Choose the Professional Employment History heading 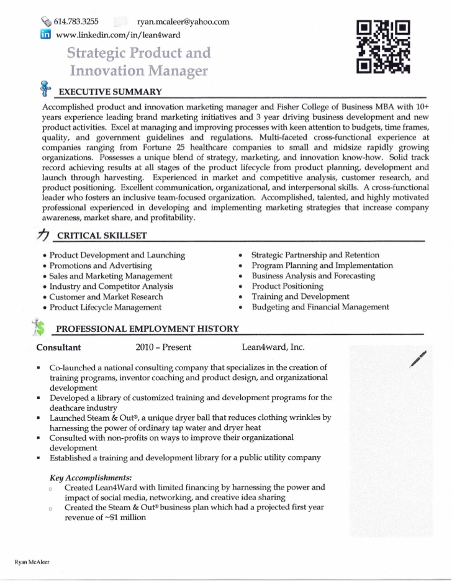tap(147, 328)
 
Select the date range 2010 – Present tap(163, 347)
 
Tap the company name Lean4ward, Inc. tap(273, 347)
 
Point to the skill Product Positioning tap(287, 286)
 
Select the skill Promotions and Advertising tap(101, 266)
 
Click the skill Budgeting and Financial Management tap(320, 307)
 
